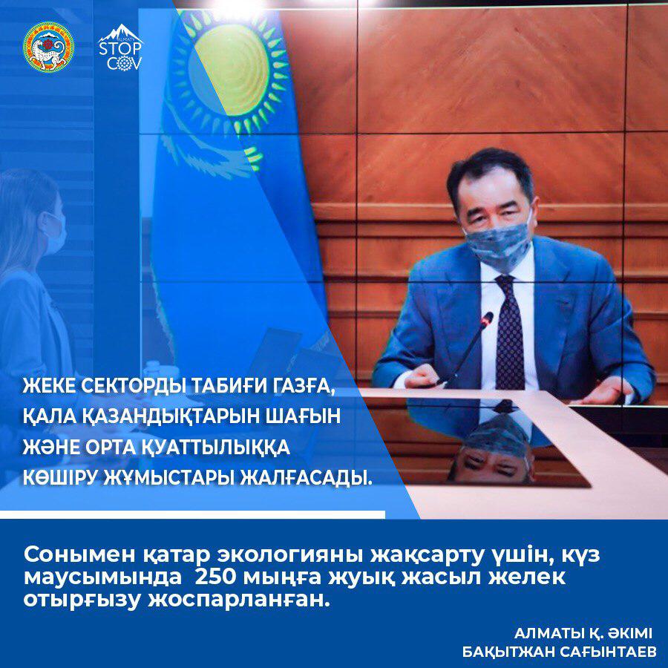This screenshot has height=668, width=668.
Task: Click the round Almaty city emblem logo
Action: pyautogui.click(x=48, y=47)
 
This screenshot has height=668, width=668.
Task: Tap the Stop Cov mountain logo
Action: pyautogui.click(x=120, y=47)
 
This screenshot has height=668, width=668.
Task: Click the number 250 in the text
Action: pyautogui.click(x=215, y=577)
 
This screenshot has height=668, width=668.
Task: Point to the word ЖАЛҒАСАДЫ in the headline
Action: pyautogui.click(x=305, y=477)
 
